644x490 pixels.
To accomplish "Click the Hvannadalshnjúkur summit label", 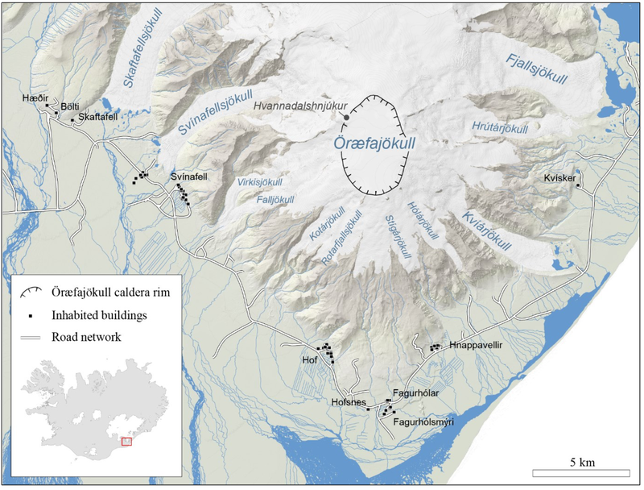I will pos(295,105).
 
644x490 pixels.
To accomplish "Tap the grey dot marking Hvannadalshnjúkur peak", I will pos(346,117).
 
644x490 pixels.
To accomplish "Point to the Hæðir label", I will pos(32,96).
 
